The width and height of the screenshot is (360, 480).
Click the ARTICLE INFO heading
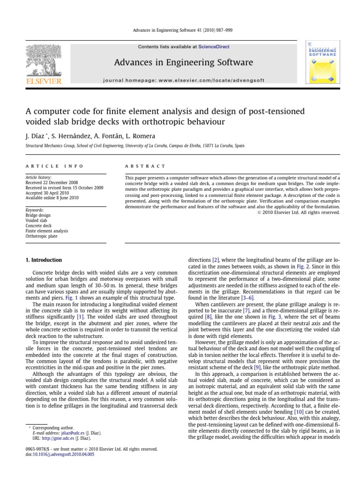click(54, 166)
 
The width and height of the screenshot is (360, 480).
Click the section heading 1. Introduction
click(43, 260)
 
